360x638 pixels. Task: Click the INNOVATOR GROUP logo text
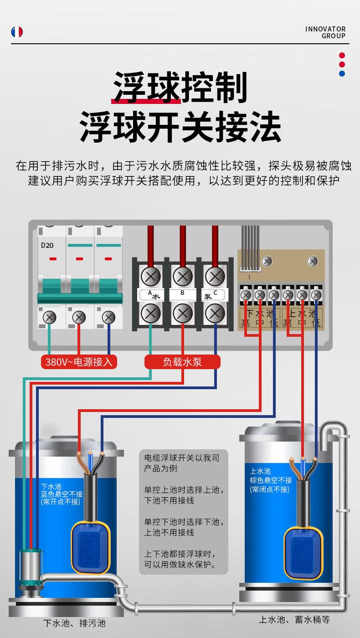[x=325, y=32]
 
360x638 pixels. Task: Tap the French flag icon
[x=17, y=32]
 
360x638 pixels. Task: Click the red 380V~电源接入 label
[x=78, y=362]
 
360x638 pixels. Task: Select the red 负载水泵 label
[x=182, y=362]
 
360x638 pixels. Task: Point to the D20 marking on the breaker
[x=47, y=245]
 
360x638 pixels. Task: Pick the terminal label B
[x=182, y=293]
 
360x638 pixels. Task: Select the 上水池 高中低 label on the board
[x=302, y=318]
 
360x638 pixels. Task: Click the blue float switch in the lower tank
[x=91, y=547]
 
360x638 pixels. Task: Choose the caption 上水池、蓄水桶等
[x=294, y=620]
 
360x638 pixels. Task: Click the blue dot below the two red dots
[x=342, y=73]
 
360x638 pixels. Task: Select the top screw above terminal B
[x=182, y=276]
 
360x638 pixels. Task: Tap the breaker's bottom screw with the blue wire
[x=108, y=317]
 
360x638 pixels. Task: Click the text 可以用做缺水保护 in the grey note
[x=180, y=565]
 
